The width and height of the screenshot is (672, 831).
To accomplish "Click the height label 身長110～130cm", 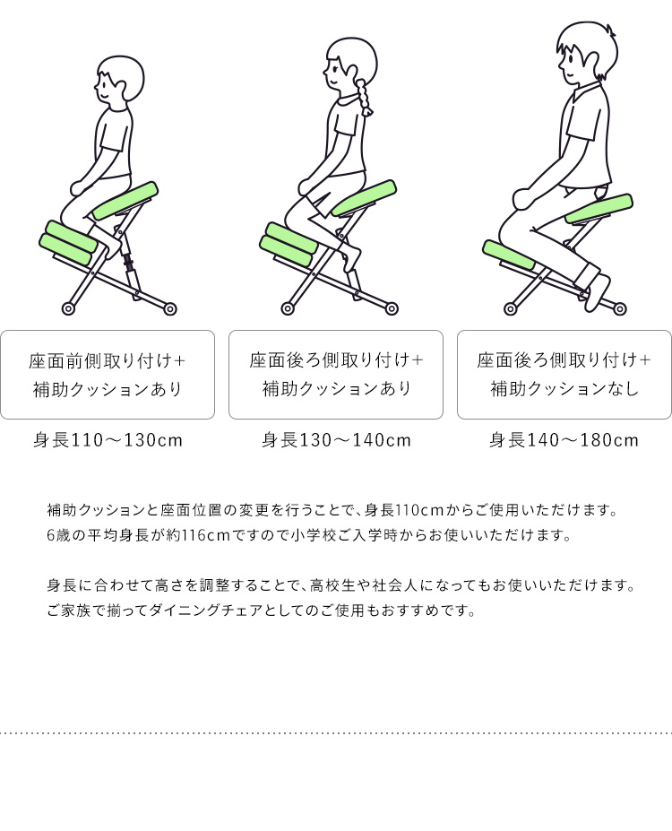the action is coord(108,440).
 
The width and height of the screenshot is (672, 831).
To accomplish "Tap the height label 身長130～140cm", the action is coord(336,440).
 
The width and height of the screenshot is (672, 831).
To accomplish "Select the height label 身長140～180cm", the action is coord(564,440).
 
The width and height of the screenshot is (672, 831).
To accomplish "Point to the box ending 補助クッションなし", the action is coord(564,375).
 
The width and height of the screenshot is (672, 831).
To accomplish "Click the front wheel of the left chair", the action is coord(68,308).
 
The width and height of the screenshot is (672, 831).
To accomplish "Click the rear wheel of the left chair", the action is coord(170,308).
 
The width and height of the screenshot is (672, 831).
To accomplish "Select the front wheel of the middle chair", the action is coord(288,308).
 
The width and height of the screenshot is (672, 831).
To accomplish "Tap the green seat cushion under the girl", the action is coord(364,198).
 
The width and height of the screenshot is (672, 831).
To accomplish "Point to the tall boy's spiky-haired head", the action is coord(586,52).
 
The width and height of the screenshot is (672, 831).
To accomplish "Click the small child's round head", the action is coord(120,81).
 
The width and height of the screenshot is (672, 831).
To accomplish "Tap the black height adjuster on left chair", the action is coord(128,261).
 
